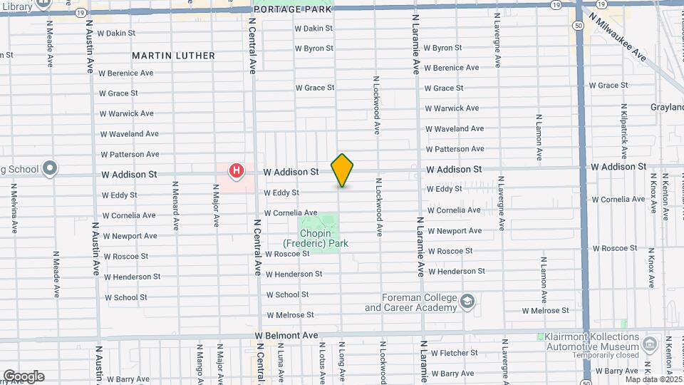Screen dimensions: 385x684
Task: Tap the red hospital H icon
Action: (236, 171)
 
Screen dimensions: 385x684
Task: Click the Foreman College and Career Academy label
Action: (410, 303)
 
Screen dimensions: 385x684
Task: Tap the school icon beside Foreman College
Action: (467, 301)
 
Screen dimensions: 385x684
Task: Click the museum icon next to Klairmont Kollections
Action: (650, 345)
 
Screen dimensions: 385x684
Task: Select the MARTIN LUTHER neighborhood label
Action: (173, 56)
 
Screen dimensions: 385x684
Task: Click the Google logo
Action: (24, 376)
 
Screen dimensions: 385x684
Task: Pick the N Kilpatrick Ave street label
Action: (624, 129)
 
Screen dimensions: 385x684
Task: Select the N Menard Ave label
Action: (175, 206)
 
